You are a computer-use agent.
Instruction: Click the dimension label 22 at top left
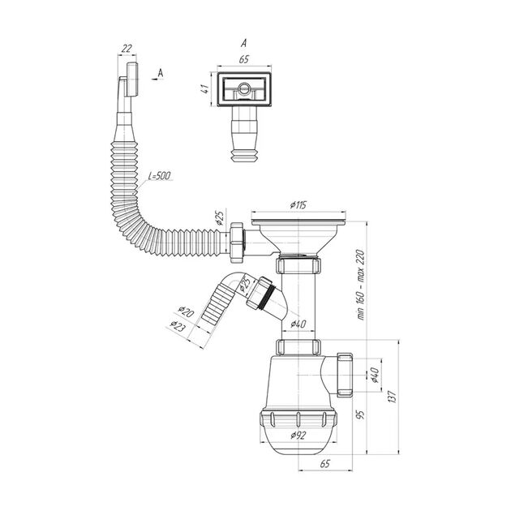[x=127, y=49]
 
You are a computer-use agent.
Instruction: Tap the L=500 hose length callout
[x=159, y=176]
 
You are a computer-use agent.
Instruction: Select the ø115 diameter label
[x=298, y=205]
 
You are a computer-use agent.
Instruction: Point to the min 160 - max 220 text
[x=360, y=284]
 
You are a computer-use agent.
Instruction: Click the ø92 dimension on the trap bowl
[x=298, y=436]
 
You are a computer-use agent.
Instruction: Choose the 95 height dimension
[x=360, y=414]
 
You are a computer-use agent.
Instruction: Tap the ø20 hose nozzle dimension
[x=186, y=311]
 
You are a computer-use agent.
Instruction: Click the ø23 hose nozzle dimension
[x=178, y=326]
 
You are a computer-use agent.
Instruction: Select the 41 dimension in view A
[x=204, y=88]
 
